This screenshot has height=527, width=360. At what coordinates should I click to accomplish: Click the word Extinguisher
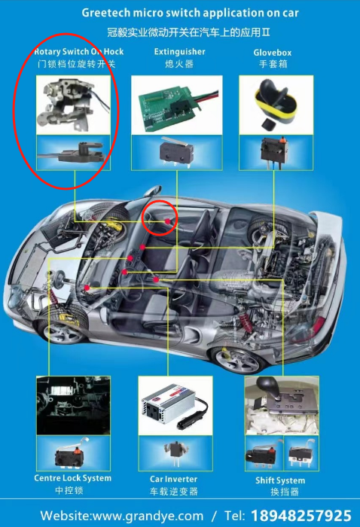click(x=179, y=52)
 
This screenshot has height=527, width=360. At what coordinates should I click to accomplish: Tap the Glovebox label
click(x=273, y=53)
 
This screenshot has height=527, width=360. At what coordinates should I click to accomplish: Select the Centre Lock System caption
click(x=72, y=478)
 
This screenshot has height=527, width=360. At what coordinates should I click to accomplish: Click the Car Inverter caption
click(x=173, y=479)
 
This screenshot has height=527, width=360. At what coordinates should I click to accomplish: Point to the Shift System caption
click(x=280, y=480)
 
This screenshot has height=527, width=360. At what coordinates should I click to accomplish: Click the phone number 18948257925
click(x=301, y=515)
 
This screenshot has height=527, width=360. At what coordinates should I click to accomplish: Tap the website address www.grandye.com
click(x=148, y=516)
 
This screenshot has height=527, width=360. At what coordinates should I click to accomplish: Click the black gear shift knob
click(x=268, y=385)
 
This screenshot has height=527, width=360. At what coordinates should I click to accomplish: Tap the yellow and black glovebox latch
click(x=276, y=102)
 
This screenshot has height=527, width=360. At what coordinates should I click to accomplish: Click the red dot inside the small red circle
click(x=167, y=221)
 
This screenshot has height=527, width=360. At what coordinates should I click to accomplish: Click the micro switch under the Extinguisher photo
click(x=176, y=151)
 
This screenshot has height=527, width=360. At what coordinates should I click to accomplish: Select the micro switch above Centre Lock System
click(x=70, y=455)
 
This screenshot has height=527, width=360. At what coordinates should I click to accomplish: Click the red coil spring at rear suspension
click(x=246, y=320)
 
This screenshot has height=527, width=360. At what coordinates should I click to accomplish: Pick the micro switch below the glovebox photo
click(x=275, y=151)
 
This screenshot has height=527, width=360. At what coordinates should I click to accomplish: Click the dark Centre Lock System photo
click(x=73, y=406)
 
